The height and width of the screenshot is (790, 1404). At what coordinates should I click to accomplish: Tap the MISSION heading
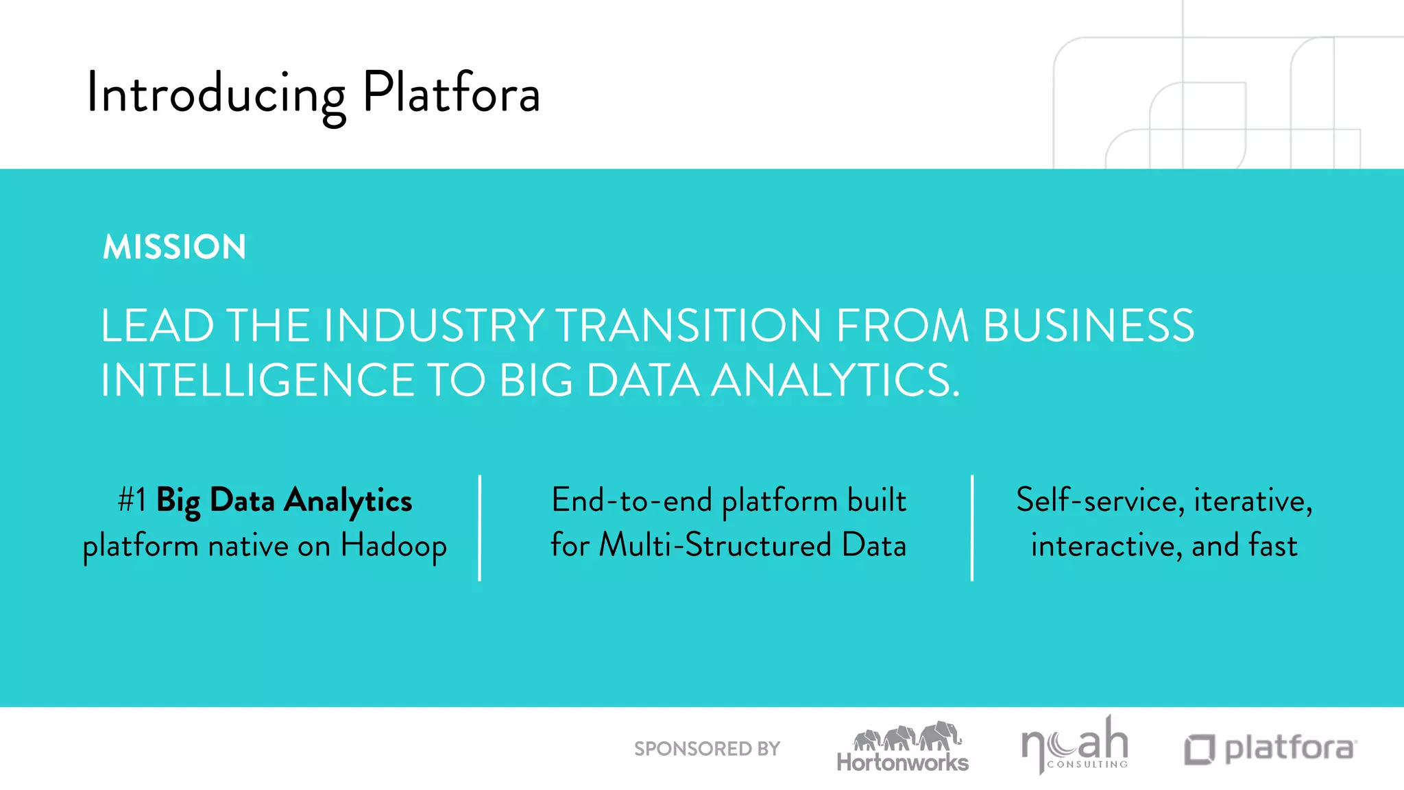tap(174, 247)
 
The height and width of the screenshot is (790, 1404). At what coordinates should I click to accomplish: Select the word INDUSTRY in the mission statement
tap(433, 325)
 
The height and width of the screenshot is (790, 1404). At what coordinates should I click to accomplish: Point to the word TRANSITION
tap(688, 325)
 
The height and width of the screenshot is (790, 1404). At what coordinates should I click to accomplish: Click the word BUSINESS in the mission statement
tap(1088, 325)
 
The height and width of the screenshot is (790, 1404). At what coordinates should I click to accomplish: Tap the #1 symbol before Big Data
tap(132, 500)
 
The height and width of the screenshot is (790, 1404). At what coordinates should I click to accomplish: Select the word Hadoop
tap(394, 546)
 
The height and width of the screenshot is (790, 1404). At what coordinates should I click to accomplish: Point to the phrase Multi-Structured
tap(715, 546)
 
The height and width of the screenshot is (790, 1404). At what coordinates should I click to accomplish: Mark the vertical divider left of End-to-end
tap(480, 527)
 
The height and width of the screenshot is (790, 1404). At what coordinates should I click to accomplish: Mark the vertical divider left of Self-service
tap(972, 527)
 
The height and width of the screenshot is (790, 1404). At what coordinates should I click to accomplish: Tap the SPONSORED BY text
tap(707, 749)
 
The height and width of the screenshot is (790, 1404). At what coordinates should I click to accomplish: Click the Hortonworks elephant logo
tap(903, 747)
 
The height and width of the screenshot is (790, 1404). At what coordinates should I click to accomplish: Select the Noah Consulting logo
tap(1074, 746)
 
